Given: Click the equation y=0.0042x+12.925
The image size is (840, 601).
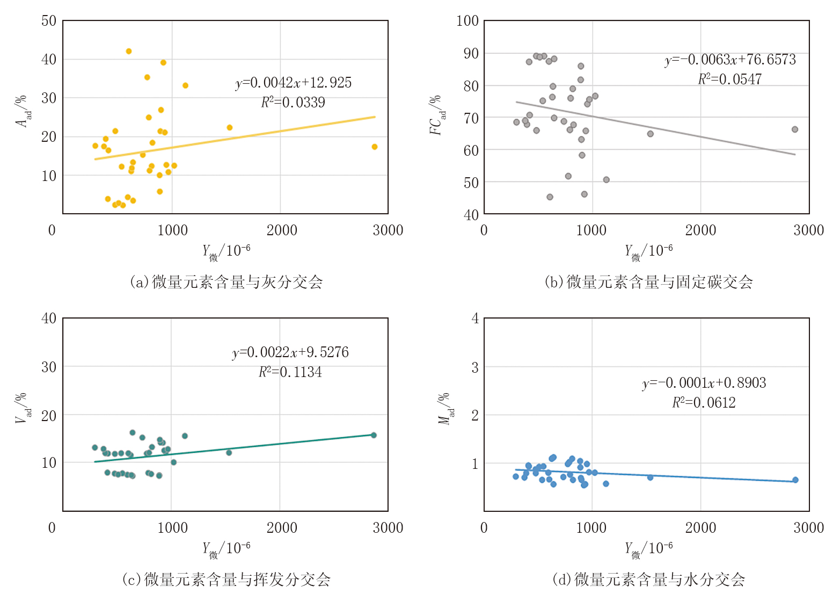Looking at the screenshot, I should [294, 83].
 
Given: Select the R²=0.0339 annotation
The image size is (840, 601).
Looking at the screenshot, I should [293, 102].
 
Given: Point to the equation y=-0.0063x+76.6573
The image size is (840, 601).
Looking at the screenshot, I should [730, 60].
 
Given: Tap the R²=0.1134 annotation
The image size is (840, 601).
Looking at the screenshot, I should [290, 372].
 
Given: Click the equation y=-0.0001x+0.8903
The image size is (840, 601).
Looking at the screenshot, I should [704, 383].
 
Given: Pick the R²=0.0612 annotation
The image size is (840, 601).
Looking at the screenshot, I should [704, 402].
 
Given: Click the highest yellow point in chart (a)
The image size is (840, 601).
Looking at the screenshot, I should [129, 52].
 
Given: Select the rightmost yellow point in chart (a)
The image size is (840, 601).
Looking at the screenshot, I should [375, 147].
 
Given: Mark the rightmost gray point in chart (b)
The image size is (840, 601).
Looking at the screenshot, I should [795, 129].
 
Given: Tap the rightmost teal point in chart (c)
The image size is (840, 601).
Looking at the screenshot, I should [374, 435].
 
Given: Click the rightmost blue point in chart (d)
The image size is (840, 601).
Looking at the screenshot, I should [795, 480].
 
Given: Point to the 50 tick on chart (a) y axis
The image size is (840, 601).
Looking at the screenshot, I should [49, 21].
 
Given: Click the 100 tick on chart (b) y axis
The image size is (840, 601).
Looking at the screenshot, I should [468, 21].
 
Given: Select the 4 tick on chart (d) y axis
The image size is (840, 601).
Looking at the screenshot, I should [475, 318].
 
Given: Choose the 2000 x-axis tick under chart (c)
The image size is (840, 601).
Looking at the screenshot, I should [282, 528].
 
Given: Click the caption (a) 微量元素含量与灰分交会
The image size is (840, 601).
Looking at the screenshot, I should [226, 282].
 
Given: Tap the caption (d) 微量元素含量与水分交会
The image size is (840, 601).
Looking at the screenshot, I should [648, 580].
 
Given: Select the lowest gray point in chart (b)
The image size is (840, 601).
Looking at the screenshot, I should [550, 197].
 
